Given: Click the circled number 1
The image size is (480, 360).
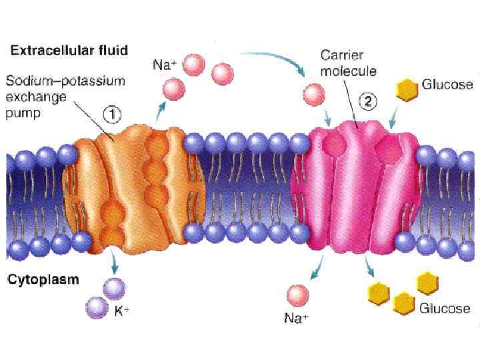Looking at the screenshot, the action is point(111,114).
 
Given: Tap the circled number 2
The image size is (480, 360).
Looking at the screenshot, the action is point(369,102).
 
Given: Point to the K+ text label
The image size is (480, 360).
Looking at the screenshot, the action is point(122,311).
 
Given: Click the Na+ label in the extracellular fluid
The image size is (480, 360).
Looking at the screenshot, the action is point(164,67).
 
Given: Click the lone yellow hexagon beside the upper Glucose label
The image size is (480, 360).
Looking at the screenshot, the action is point(406,89).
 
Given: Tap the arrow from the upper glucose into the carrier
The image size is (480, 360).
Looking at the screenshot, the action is point(393,119).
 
